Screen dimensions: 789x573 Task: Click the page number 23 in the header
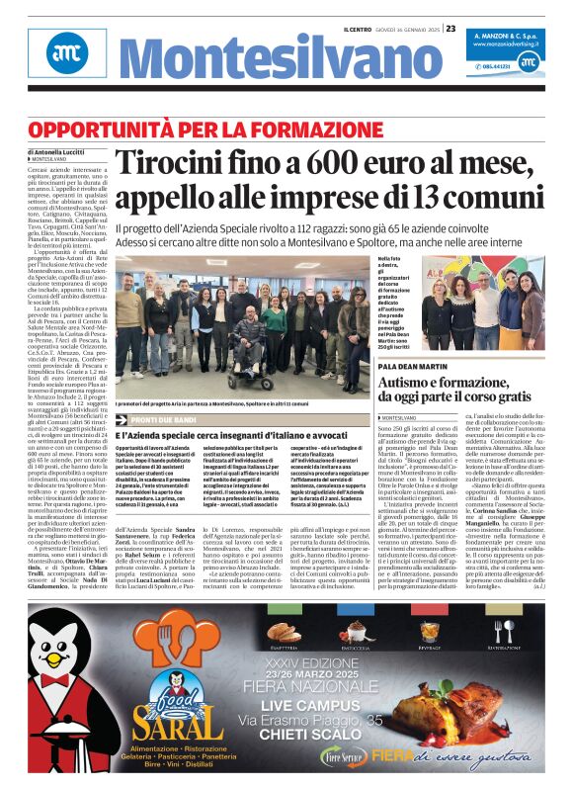(x=450, y=28)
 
